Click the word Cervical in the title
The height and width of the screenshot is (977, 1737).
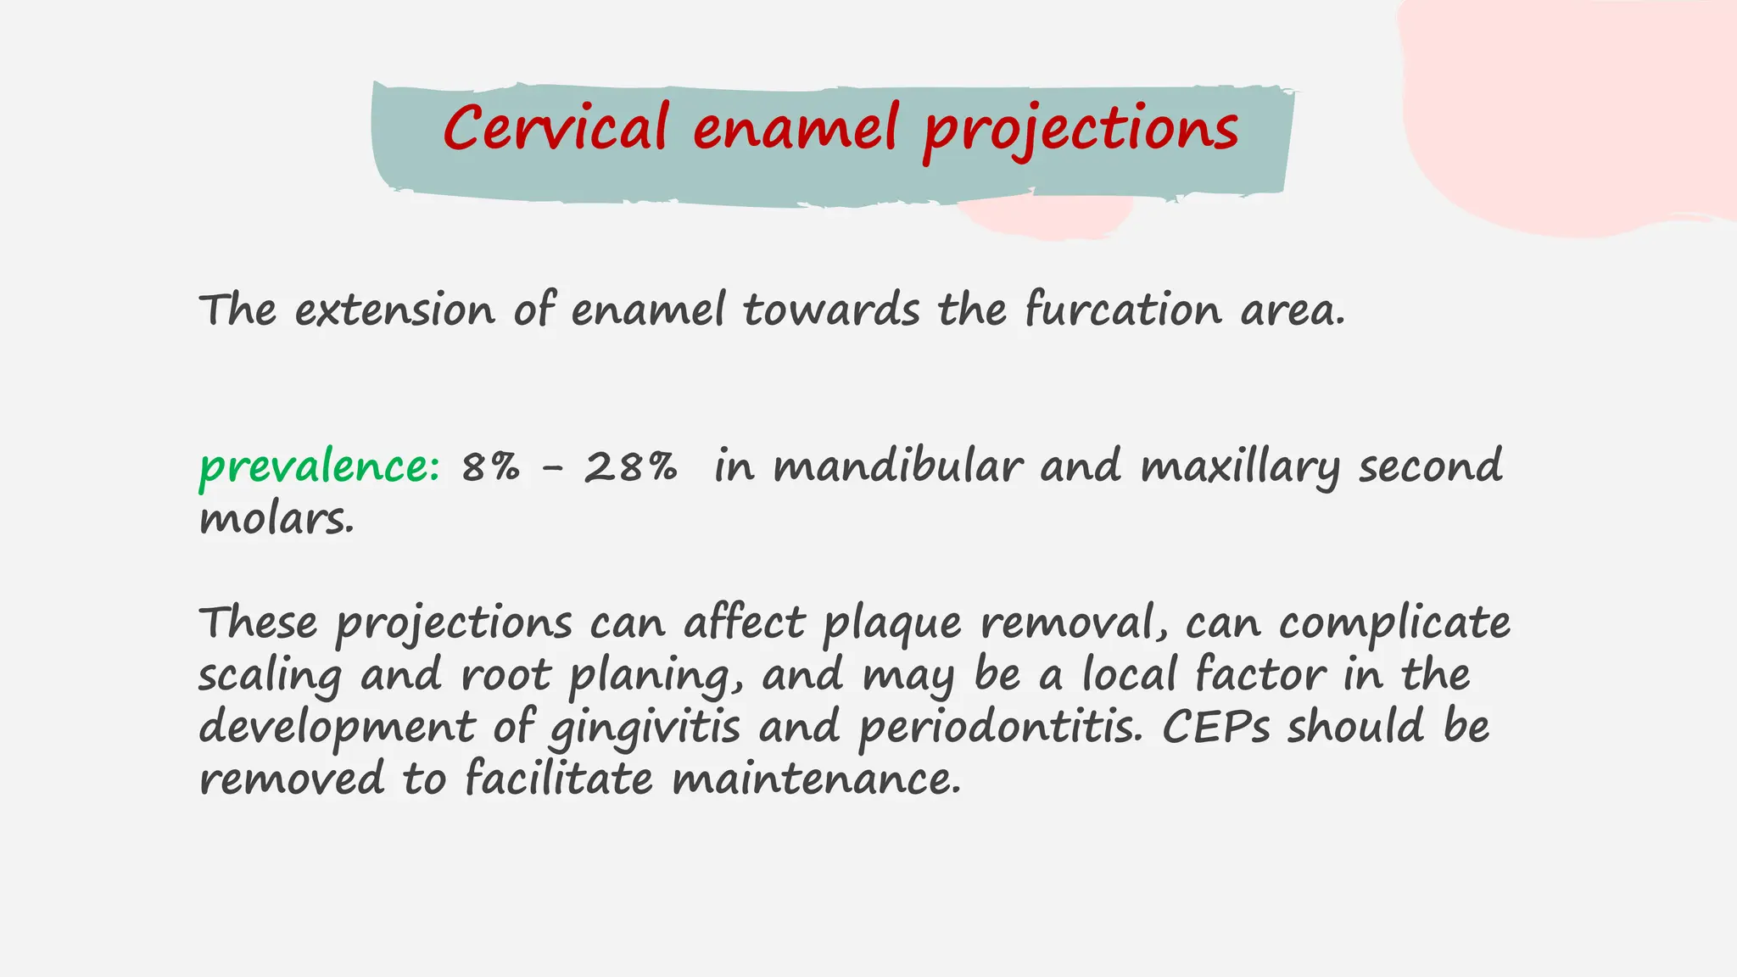click(556, 129)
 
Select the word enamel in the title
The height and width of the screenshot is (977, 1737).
click(796, 129)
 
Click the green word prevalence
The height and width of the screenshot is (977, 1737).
click(319, 467)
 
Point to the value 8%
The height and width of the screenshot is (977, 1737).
click(490, 467)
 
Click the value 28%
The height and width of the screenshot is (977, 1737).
click(630, 467)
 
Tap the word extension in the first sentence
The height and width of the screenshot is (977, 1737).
click(394, 310)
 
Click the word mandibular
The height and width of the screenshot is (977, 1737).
click(897, 467)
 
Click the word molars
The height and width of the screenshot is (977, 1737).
click(276, 519)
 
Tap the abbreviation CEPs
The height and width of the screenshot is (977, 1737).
click(1215, 728)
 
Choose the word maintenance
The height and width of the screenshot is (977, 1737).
click(816, 779)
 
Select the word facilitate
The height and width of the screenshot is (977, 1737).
click(559, 779)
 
